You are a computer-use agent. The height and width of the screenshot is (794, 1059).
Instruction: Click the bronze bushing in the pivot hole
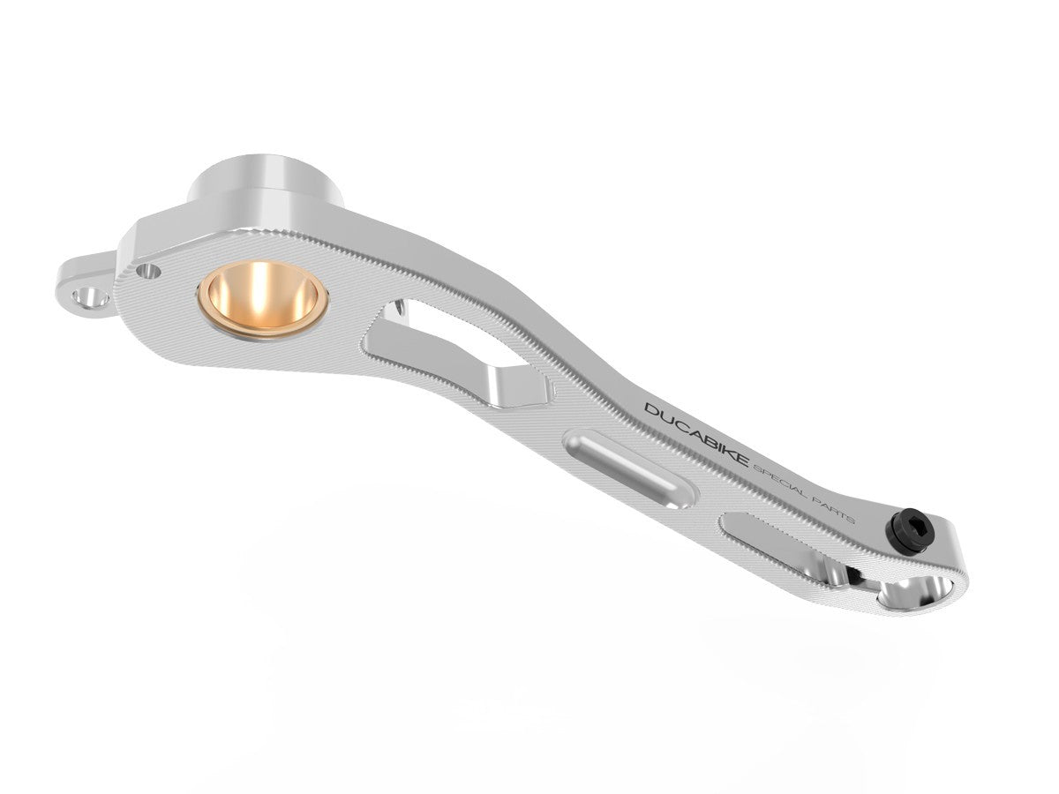(x=263, y=300)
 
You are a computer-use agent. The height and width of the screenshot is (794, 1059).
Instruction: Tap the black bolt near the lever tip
(x=908, y=533)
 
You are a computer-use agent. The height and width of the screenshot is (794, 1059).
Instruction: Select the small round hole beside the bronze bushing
(x=150, y=271)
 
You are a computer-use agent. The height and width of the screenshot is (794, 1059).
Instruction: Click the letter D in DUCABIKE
(x=651, y=411)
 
